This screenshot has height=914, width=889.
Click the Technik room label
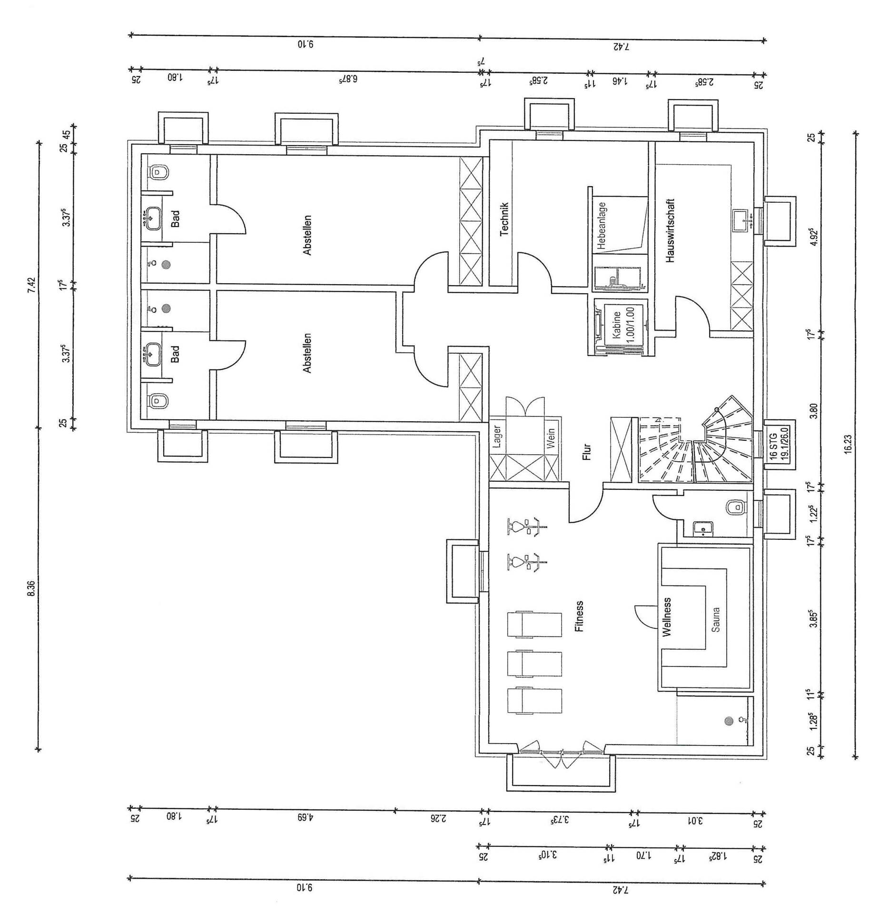pos(504,219)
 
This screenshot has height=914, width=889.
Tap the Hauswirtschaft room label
pos(670,230)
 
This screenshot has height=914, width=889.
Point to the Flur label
pos(586,452)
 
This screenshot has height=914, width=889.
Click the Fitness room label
pos(579,616)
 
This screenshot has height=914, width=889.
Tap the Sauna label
pos(716,619)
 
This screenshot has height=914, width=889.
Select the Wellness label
pos(666,617)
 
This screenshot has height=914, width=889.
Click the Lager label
pos(497,437)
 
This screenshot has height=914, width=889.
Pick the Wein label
pos(551,438)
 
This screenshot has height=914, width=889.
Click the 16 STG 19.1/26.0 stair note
pos(779,443)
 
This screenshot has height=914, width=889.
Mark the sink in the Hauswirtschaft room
pos(743,219)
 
